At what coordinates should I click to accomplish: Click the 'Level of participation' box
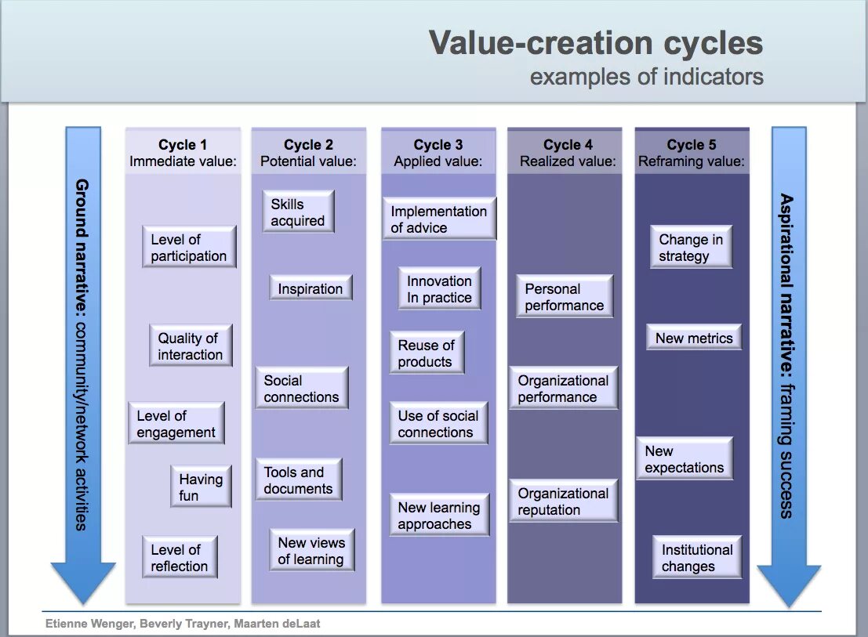[x=189, y=248]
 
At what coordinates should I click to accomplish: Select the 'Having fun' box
[x=201, y=487]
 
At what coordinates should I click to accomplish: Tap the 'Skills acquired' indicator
[x=297, y=212]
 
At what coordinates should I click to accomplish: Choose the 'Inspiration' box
[x=311, y=288]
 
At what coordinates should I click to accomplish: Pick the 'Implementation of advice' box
[x=439, y=219]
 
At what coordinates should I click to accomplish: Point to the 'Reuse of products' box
[x=426, y=353]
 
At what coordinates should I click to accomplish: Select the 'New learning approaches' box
[x=439, y=516]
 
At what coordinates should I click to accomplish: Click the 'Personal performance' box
[x=565, y=297]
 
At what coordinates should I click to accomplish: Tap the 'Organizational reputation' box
[x=563, y=501]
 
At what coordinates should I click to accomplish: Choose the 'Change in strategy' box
[x=691, y=248]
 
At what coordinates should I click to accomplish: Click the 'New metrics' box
[x=694, y=338]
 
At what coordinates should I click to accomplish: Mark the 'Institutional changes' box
[x=697, y=558]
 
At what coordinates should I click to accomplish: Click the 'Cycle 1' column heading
[x=183, y=145]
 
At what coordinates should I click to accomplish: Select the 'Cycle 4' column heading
[x=568, y=145]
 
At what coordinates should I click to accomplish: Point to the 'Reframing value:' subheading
[x=691, y=162]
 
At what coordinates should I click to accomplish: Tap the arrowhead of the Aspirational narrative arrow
[x=789, y=584]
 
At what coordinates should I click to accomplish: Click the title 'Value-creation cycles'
[x=596, y=43]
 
